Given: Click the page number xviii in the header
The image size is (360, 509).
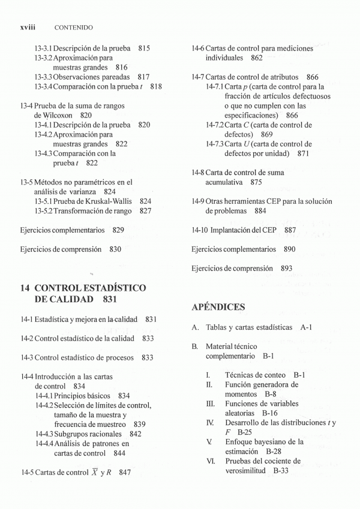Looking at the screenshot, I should (29, 27).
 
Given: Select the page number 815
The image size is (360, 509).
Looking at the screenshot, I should (143, 48).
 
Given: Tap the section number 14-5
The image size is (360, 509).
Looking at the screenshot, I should (28, 472).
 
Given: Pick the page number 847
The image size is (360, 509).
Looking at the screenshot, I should (125, 472).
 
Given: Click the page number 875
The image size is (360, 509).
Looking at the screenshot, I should (256, 182).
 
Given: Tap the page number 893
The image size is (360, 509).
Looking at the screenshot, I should (286, 269).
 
